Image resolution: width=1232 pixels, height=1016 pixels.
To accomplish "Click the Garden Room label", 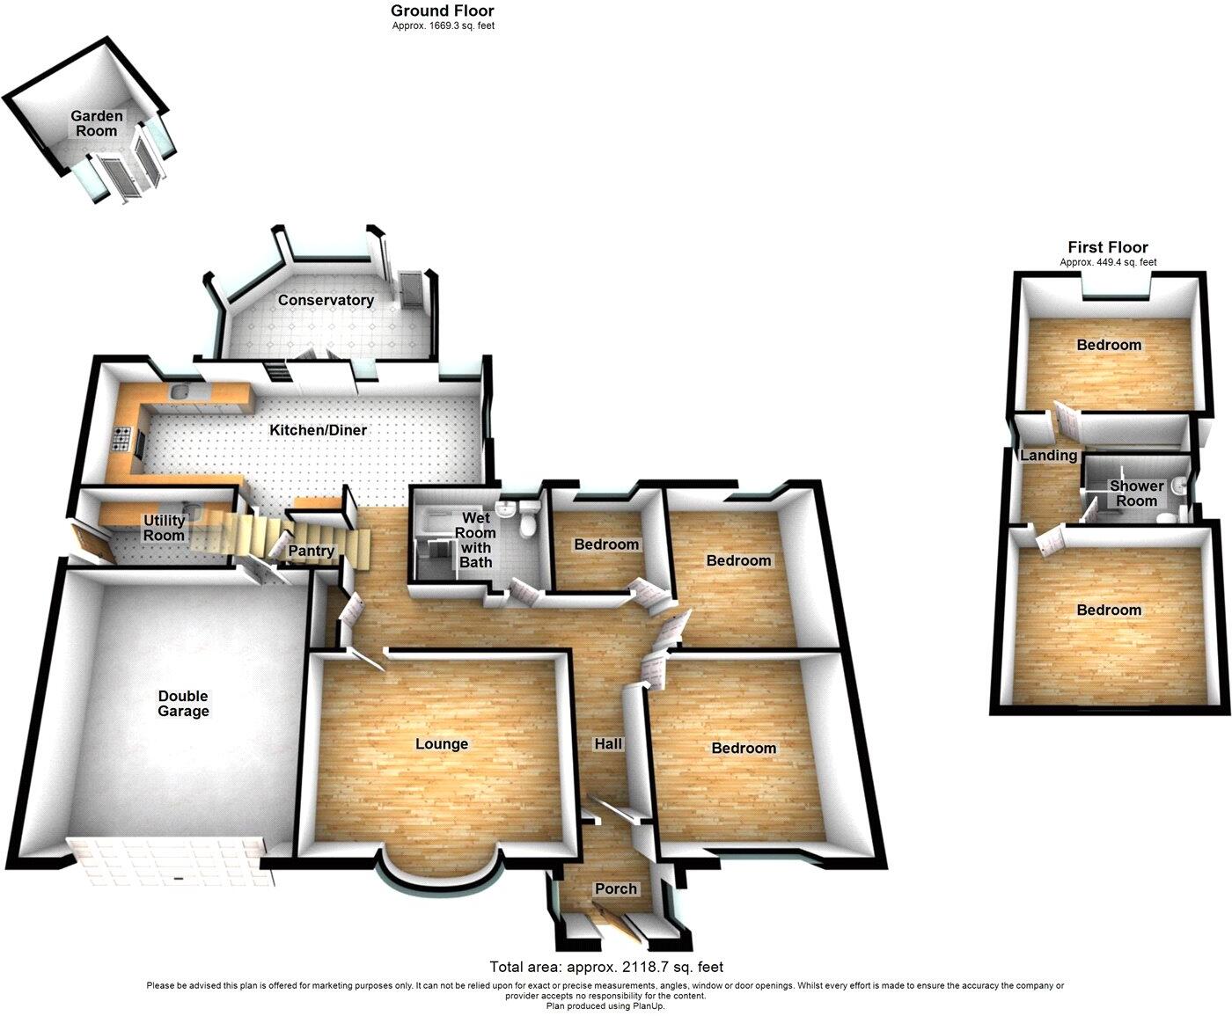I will tap(97, 123).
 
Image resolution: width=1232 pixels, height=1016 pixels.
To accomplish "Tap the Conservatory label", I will tap(326, 300).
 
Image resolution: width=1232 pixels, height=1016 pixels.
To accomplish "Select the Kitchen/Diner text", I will tap(318, 430).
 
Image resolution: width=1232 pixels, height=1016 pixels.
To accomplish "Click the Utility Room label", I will tap(164, 528).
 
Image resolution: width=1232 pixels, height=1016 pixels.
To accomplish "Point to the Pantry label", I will tap(311, 552).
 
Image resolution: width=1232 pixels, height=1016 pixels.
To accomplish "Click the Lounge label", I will tap(441, 744).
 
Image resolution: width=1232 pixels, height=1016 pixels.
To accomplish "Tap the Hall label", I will tap(608, 744).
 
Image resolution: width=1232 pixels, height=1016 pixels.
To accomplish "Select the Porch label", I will tap(615, 888).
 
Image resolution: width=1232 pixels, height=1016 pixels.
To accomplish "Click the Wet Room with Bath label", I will tap(475, 540).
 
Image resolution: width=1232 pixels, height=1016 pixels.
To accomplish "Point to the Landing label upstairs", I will tap(1048, 456).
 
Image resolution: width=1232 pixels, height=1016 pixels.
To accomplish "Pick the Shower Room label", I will tap(1136, 493).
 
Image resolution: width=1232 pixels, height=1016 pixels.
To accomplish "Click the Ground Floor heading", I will tap(443, 11).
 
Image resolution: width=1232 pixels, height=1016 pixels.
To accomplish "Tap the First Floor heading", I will tap(1108, 247).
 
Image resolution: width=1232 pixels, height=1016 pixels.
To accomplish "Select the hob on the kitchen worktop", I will tap(122, 436).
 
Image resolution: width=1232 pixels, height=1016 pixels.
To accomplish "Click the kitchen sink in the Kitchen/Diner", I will tap(183, 393).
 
